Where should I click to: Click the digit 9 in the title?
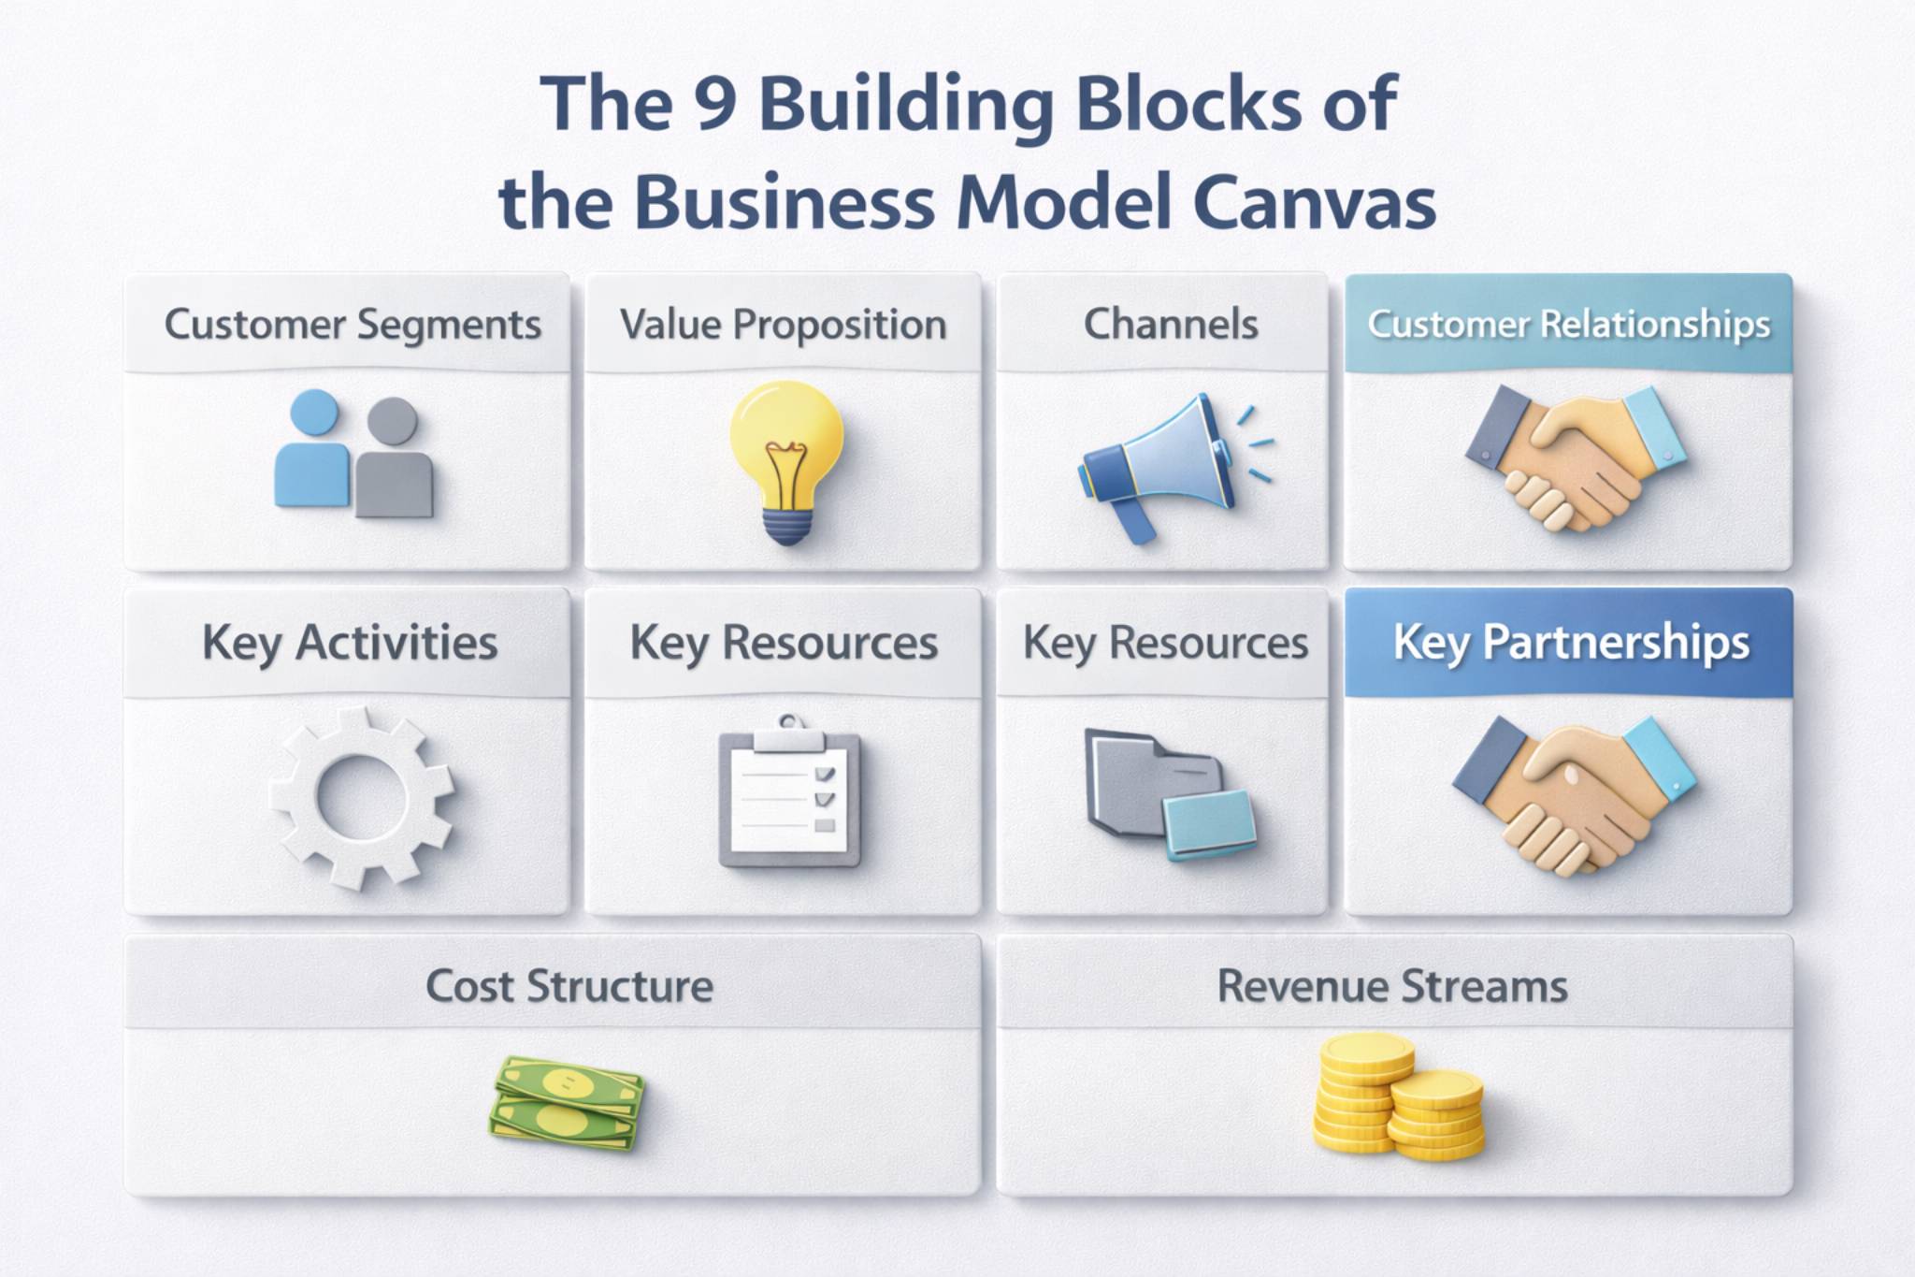point(716,103)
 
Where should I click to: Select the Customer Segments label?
point(353,325)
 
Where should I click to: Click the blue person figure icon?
point(312,451)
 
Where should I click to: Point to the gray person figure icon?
point(393,460)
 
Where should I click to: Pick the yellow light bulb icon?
point(786,458)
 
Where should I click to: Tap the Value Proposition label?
point(783,325)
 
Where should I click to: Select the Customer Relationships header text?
point(1568,325)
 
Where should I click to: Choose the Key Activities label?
point(349,643)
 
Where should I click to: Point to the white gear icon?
point(362,797)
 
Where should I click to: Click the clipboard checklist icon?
point(789,795)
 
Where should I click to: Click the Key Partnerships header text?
point(1571,643)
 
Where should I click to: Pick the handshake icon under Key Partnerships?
point(1574,795)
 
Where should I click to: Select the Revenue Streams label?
point(1391,987)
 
